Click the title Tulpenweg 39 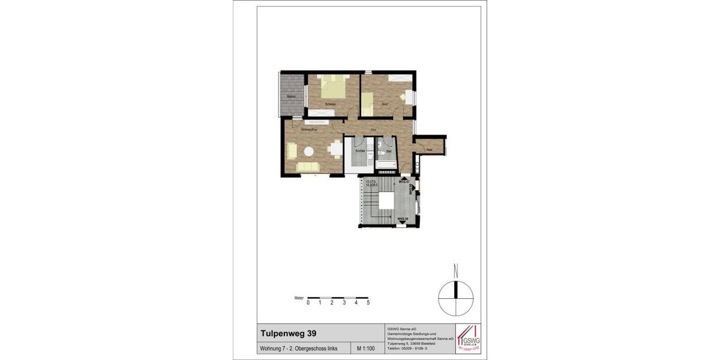click(x=285, y=333)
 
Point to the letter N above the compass click(x=456, y=269)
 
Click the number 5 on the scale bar click(x=368, y=303)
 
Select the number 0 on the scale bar click(x=308, y=303)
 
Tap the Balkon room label click(x=292, y=97)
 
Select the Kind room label click(x=385, y=104)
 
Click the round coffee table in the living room click(x=310, y=151)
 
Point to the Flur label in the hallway click(x=374, y=130)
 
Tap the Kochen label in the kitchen click(x=360, y=151)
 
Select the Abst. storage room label click(x=430, y=149)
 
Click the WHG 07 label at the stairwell click(x=403, y=181)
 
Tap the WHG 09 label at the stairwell click(x=403, y=218)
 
